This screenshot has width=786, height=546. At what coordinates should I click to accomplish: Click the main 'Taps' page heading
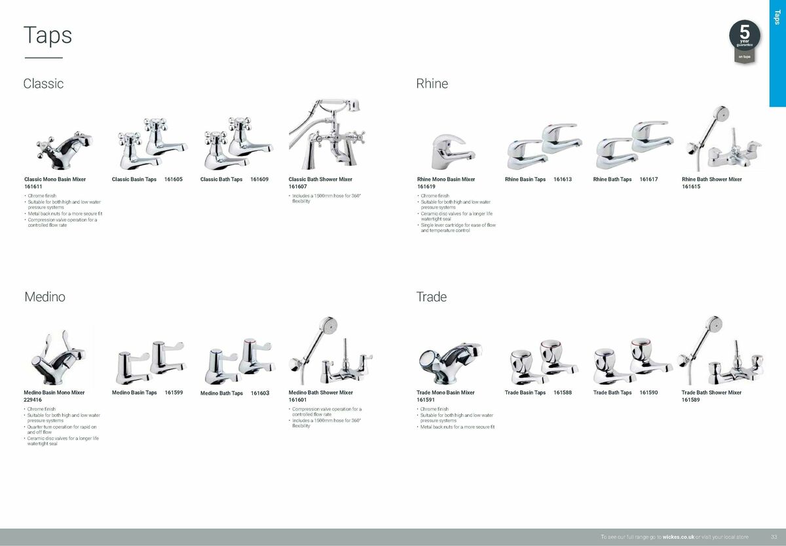click(x=48, y=36)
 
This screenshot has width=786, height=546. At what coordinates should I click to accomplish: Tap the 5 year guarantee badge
click(x=744, y=41)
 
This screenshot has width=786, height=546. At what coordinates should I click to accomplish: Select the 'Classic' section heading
click(x=43, y=84)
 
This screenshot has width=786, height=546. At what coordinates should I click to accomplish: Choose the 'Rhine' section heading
click(x=432, y=84)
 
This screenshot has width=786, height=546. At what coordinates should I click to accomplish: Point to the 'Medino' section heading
click(x=45, y=297)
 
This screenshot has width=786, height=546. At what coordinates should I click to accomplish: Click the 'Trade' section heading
click(x=431, y=297)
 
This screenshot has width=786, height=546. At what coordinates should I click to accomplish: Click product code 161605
click(x=174, y=180)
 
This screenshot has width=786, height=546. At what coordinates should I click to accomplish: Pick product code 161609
click(x=259, y=180)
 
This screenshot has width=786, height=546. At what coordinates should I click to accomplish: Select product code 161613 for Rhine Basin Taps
click(x=563, y=180)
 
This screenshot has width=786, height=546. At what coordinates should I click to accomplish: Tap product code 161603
click(x=260, y=393)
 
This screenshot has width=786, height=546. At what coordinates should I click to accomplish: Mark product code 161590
click(x=648, y=393)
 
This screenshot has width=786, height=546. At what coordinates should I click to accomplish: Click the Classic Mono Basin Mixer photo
click(x=64, y=150)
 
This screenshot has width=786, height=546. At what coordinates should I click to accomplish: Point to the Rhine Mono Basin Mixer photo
click(x=453, y=152)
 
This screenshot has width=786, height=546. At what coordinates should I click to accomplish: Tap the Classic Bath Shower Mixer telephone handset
click(x=337, y=104)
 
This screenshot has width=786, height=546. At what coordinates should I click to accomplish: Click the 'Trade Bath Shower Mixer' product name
click(x=711, y=393)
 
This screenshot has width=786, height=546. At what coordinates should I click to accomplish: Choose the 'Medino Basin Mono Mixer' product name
click(x=54, y=393)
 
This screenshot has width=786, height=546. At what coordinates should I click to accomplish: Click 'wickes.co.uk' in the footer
click(x=679, y=537)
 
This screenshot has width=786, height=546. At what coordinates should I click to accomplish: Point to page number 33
click(x=774, y=537)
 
